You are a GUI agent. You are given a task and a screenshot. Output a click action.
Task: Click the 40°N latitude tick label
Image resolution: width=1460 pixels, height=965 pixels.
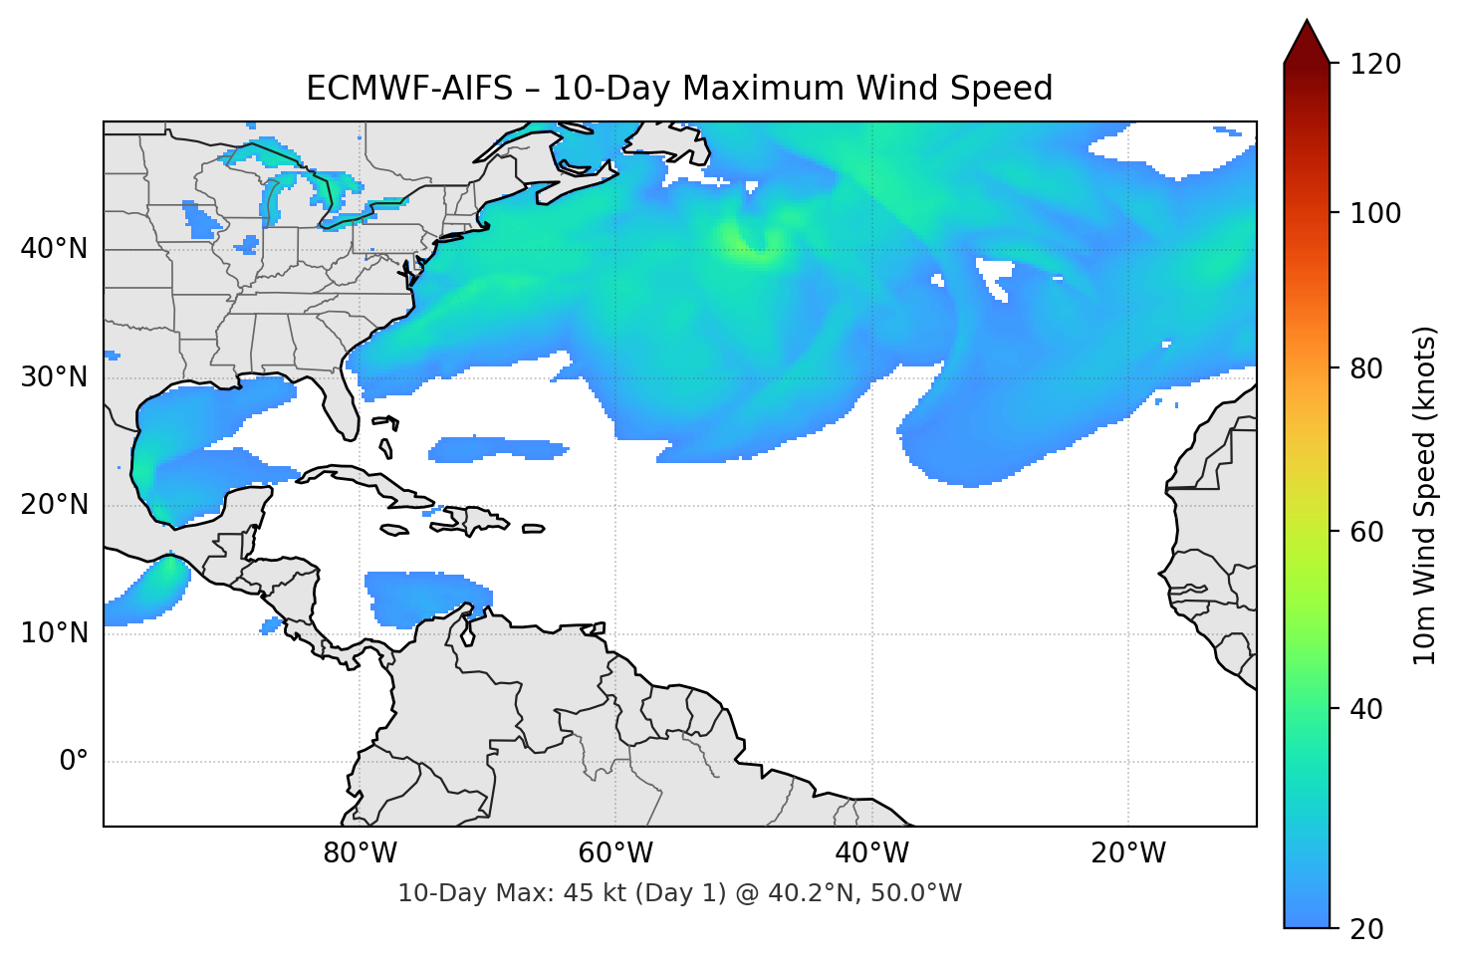[54, 248]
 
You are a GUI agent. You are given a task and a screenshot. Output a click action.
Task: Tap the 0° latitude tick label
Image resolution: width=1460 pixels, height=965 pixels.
[73, 762]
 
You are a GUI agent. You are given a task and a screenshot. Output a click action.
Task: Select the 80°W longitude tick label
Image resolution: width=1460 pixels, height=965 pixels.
[360, 853]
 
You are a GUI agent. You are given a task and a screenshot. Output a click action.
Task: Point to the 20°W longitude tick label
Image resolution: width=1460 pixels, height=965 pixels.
[1128, 853]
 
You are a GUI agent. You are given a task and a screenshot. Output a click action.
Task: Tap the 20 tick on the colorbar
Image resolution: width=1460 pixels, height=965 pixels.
[1366, 929]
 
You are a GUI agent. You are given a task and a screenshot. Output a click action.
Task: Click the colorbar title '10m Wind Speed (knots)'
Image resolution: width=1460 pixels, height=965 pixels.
[1425, 495]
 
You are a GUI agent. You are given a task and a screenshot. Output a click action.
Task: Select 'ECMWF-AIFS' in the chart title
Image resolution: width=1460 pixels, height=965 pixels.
[408, 89]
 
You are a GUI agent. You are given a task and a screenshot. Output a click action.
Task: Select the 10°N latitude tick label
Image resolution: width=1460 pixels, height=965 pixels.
[54, 633]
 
